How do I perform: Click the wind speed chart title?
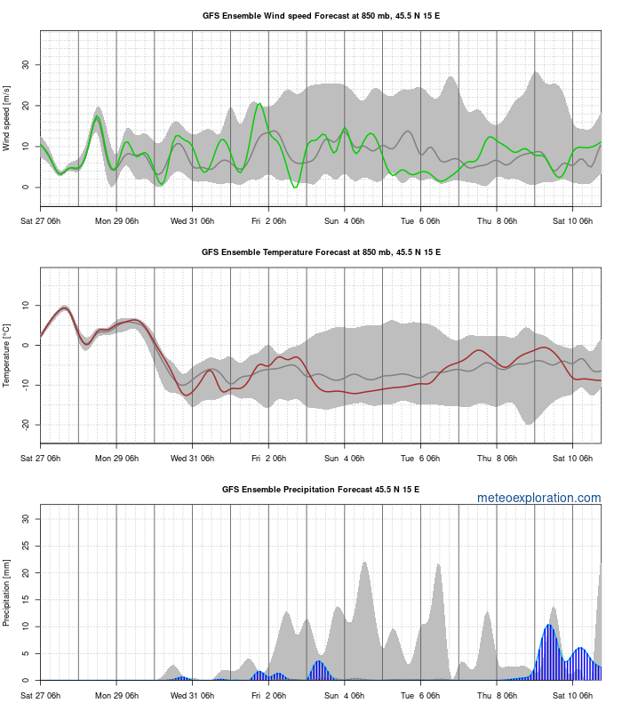[x=321, y=16]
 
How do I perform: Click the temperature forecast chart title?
[x=321, y=252]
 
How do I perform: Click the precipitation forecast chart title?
[x=321, y=490]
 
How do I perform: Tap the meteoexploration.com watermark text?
[x=539, y=499]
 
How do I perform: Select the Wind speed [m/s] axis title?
[x=7, y=118]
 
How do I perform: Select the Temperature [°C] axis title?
[x=7, y=355]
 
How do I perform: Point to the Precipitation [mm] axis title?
[x=7, y=593]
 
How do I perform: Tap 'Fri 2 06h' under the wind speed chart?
[x=268, y=220]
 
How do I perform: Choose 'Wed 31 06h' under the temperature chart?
[x=192, y=458]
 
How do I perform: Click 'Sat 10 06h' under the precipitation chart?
[x=573, y=695]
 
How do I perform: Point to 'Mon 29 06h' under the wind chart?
[x=116, y=220]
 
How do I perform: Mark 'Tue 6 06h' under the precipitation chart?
[x=421, y=695]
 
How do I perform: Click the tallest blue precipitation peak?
[x=549, y=626]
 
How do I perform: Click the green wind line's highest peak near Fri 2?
[x=259, y=105]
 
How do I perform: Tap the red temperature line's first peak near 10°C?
[x=64, y=308]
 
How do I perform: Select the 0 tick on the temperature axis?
[x=30, y=345]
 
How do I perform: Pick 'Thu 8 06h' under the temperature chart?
[x=497, y=458]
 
